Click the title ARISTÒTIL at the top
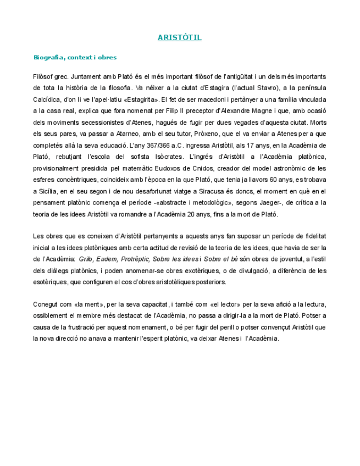tap(180, 38)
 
